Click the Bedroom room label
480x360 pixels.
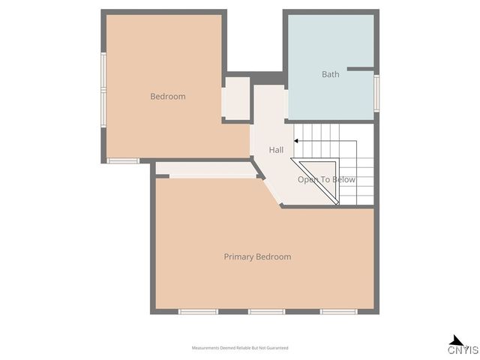click(x=167, y=97)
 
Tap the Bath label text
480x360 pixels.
click(x=330, y=74)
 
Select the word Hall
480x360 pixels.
click(x=276, y=150)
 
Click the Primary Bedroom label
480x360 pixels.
click(x=257, y=256)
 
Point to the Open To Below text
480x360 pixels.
click(x=326, y=180)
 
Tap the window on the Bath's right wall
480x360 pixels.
click(x=376, y=92)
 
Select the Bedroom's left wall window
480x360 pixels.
click(x=103, y=87)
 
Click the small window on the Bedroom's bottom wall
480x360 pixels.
click(x=122, y=160)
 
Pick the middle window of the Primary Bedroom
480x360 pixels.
click(x=267, y=311)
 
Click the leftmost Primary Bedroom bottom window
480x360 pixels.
click(x=198, y=311)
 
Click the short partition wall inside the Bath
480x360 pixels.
click(x=359, y=69)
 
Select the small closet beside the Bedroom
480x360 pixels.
click(x=237, y=97)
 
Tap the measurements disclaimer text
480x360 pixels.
click(x=240, y=348)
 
